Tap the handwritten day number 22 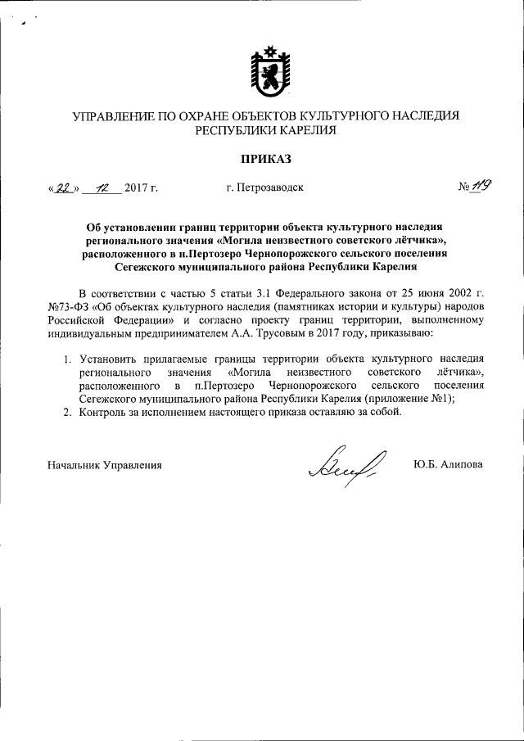(x=62, y=187)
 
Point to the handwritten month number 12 (x=102, y=187)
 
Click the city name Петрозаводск (x=264, y=188)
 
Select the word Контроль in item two (x=104, y=411)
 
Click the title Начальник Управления (x=104, y=464)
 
